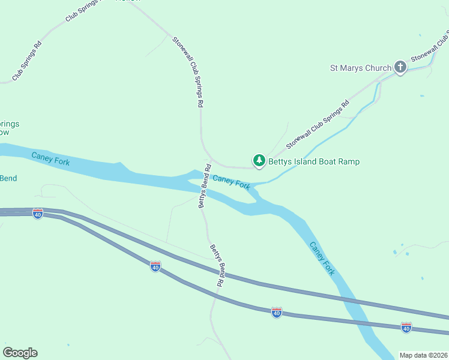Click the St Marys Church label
[x=361, y=68]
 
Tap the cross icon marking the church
[x=400, y=67]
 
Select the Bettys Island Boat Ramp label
[x=314, y=161]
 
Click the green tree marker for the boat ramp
[x=259, y=160]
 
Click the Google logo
[x=20, y=353]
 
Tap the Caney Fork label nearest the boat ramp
[x=231, y=182]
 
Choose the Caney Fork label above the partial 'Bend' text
[x=50, y=159]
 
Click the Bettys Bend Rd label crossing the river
[x=204, y=186]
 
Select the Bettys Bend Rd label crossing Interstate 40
[x=216, y=265]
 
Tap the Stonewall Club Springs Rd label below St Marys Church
[x=318, y=125]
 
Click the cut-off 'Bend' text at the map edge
[x=8, y=178]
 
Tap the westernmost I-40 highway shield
[x=38, y=214]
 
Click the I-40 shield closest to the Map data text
[x=406, y=328]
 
